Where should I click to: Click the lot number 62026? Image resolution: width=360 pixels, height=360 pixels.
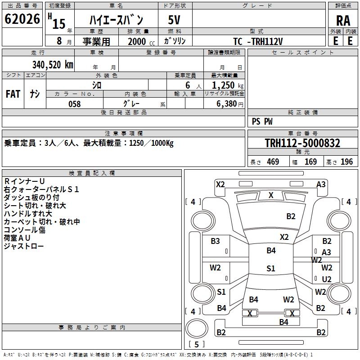22,19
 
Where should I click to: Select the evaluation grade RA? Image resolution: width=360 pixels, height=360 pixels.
343,20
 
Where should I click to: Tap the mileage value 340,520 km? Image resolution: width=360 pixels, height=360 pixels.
53,64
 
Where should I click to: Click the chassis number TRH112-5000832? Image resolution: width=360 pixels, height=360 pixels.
302,144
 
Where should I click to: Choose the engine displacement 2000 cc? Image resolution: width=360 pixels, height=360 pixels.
139,41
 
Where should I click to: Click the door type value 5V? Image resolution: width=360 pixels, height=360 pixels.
175,20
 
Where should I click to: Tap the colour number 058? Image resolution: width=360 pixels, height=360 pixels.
74,104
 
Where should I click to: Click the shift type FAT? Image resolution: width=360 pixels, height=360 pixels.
13,94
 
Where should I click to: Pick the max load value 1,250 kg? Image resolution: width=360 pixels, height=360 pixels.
224,85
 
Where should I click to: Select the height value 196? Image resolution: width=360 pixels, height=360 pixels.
347,162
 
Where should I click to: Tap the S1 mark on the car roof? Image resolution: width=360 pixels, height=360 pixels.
270,269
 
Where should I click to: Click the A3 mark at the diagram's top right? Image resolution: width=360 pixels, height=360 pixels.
321,184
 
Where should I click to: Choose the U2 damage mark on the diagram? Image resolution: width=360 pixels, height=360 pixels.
327,279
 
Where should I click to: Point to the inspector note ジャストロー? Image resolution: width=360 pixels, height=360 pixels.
24,246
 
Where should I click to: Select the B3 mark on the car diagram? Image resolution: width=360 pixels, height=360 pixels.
216,241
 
